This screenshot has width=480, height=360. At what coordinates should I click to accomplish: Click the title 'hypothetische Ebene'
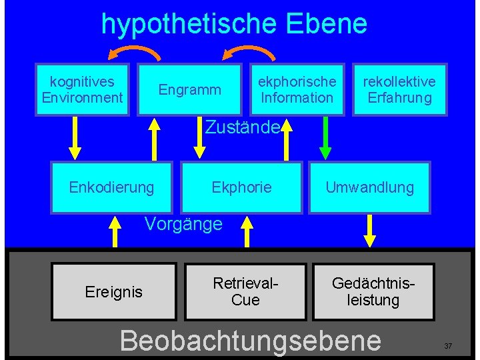point(234,24)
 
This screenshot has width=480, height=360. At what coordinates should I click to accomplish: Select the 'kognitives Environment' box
point(82,90)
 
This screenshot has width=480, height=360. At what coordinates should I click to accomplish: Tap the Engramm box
point(189,90)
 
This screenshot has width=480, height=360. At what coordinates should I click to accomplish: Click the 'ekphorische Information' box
point(297,90)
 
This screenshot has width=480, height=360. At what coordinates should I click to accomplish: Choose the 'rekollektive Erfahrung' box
point(399,90)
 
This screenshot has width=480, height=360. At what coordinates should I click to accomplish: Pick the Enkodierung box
point(111,187)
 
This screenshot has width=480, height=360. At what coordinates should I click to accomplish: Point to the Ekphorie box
point(241,187)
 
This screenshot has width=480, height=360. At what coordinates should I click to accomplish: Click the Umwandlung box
point(369,187)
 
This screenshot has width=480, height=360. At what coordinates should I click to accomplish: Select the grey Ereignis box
point(114,292)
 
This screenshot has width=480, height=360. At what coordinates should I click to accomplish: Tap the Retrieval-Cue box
point(245,292)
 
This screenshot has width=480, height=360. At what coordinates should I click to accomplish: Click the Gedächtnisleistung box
point(373,292)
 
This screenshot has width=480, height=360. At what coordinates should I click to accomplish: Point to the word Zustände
point(241,127)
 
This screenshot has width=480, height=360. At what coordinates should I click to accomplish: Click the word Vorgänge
point(183,224)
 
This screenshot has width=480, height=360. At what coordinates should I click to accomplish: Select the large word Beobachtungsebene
point(250,340)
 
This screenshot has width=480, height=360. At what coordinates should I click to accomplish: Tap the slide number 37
point(448,346)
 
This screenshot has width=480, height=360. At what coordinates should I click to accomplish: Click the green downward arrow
point(326,138)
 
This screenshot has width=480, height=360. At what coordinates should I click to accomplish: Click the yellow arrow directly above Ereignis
point(115,231)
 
